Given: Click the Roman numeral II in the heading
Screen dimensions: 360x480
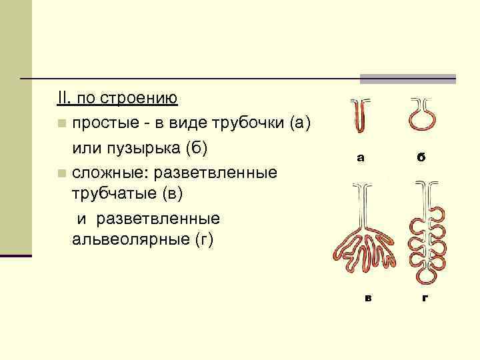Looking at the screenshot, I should pyautogui.click(x=63, y=99).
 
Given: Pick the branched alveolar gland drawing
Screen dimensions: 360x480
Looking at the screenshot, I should pyautogui.click(x=427, y=230).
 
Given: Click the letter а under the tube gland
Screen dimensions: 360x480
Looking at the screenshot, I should pyautogui.click(x=361, y=158).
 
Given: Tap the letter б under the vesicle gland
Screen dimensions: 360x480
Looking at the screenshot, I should pyautogui.click(x=421, y=158).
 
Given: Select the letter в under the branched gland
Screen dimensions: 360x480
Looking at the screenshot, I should pyautogui.click(x=367, y=297).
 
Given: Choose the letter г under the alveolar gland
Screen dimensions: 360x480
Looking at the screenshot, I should pyautogui.click(x=425, y=297).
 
